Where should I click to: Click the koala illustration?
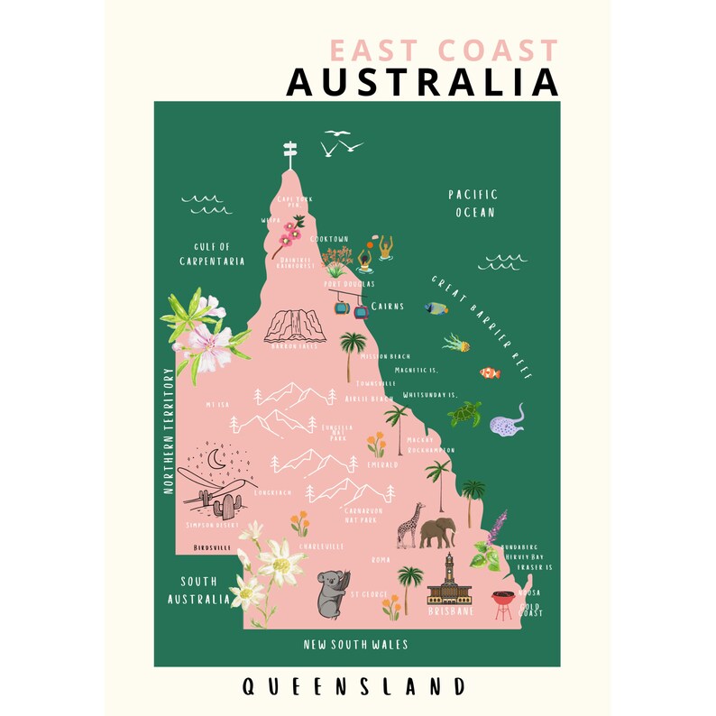331,594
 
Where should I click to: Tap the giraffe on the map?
410,525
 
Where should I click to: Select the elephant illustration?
437,531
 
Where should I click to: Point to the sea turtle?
465,414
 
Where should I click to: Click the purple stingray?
509,420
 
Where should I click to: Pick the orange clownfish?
490,372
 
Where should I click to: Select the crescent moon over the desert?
217,460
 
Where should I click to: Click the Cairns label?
388,307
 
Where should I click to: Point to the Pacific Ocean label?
473,204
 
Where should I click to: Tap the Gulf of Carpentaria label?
206,253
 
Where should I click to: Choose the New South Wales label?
355,645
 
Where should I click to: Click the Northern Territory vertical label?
168,430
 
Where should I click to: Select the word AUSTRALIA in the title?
422,83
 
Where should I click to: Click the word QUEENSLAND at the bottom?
354,687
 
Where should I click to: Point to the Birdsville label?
212,547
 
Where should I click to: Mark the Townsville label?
375,383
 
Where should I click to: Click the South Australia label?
198,590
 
